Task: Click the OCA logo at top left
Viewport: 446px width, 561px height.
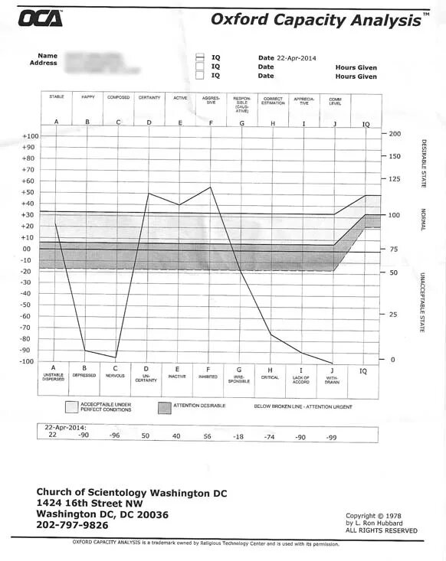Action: click(41, 20)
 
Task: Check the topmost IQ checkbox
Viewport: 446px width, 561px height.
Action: click(199, 57)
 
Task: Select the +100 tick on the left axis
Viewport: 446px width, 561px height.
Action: click(30, 136)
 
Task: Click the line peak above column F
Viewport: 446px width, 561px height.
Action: click(211, 187)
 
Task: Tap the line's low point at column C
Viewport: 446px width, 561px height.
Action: click(116, 357)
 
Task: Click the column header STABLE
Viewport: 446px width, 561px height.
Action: click(56, 97)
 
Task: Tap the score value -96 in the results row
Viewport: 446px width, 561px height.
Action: click(115, 435)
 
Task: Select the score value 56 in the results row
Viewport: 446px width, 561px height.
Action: click(207, 435)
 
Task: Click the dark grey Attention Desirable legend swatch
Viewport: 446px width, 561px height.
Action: click(165, 408)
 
